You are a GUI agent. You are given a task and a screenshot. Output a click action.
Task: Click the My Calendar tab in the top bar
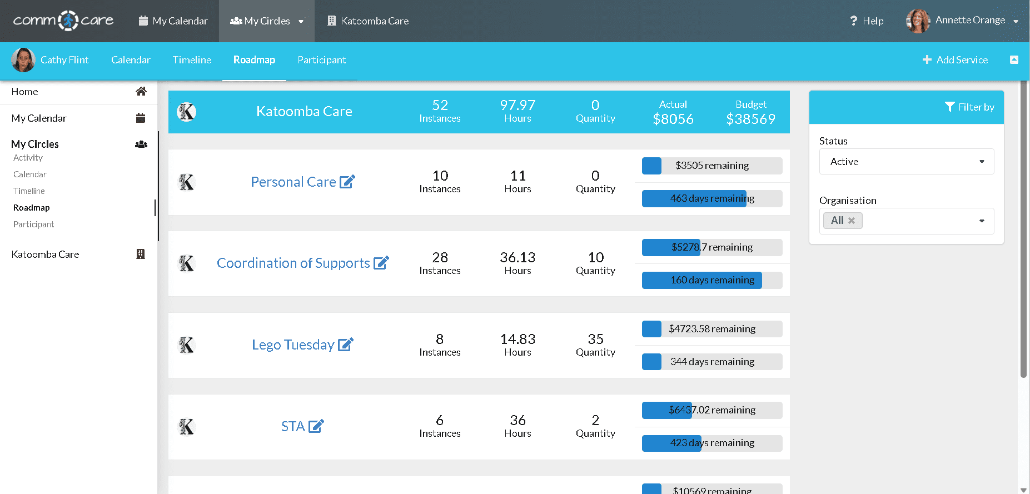click(173, 21)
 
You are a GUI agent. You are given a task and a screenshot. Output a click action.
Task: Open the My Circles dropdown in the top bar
click(267, 21)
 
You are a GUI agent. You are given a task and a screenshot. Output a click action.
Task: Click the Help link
click(867, 21)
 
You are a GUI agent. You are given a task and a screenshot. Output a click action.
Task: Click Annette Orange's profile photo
click(918, 21)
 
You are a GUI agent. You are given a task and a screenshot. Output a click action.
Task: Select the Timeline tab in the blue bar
click(192, 60)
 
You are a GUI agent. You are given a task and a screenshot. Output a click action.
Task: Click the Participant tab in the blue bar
click(321, 60)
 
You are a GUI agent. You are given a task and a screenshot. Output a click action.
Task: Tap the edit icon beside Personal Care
click(347, 182)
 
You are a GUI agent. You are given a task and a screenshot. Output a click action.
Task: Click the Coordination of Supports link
click(293, 263)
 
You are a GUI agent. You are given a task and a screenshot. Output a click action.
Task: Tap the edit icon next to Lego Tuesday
click(346, 345)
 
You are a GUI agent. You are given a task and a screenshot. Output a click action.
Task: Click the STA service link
click(293, 426)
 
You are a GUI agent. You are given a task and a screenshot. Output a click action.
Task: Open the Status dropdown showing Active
click(906, 162)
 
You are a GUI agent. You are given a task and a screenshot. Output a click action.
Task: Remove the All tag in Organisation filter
click(852, 221)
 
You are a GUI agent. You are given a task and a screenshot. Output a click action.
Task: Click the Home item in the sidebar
click(25, 92)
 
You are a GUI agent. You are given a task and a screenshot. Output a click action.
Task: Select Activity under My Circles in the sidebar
click(28, 158)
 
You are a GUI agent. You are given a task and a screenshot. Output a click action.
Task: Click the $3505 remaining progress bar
click(712, 166)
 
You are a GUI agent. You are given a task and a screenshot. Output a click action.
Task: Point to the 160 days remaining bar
click(712, 280)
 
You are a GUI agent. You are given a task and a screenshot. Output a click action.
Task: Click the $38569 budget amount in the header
click(750, 119)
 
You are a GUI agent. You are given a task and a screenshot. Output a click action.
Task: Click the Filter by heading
click(969, 107)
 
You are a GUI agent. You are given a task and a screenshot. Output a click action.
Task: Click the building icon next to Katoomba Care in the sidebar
click(141, 254)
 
